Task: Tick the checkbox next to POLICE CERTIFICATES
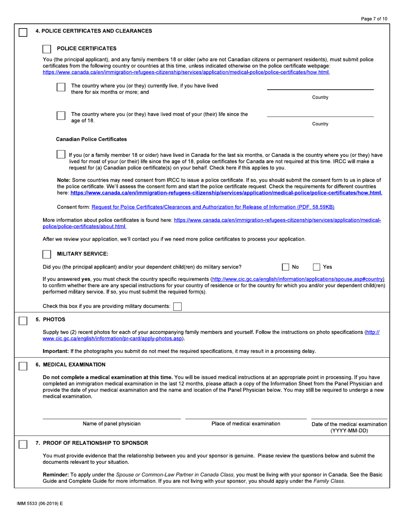pyautogui.click(x=47, y=49)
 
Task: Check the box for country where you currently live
pyautogui.click(x=61, y=87)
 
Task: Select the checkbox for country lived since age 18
pyautogui.click(x=61, y=116)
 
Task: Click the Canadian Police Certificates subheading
pyautogui.click(x=91, y=139)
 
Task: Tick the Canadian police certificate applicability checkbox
pyautogui.click(x=61, y=154)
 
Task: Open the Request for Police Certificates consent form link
pyautogui.click(x=213, y=207)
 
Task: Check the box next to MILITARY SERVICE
pyautogui.click(x=47, y=254)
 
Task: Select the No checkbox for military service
pyautogui.click(x=286, y=267)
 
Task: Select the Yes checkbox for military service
pyautogui.click(x=316, y=267)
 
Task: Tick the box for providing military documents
pyautogui.click(x=177, y=306)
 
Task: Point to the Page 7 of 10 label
pyautogui.click(x=373, y=18)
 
